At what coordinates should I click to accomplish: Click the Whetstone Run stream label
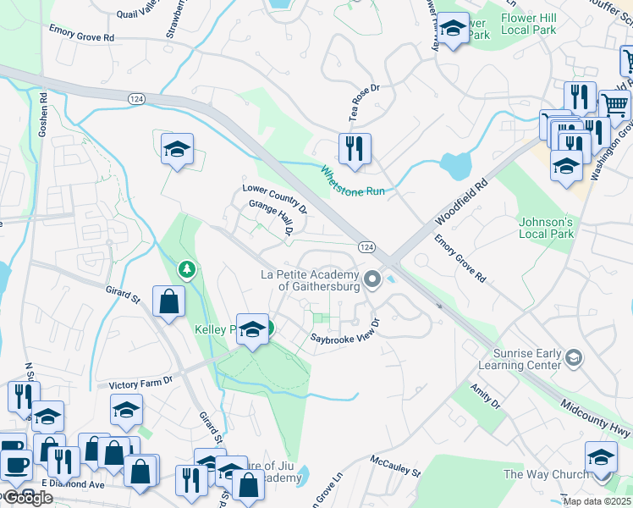coord(353,180)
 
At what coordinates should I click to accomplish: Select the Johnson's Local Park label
coord(546,229)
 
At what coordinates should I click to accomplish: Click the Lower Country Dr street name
coord(274,200)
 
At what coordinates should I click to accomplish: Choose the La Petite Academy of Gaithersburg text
coord(311,280)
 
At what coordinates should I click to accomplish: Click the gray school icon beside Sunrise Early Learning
coord(574,358)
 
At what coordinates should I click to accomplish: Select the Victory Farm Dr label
coord(140,383)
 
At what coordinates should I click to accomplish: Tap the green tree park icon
coord(186,270)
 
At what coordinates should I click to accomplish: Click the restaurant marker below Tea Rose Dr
coord(354,149)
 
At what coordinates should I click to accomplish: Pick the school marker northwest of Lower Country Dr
coord(178,150)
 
